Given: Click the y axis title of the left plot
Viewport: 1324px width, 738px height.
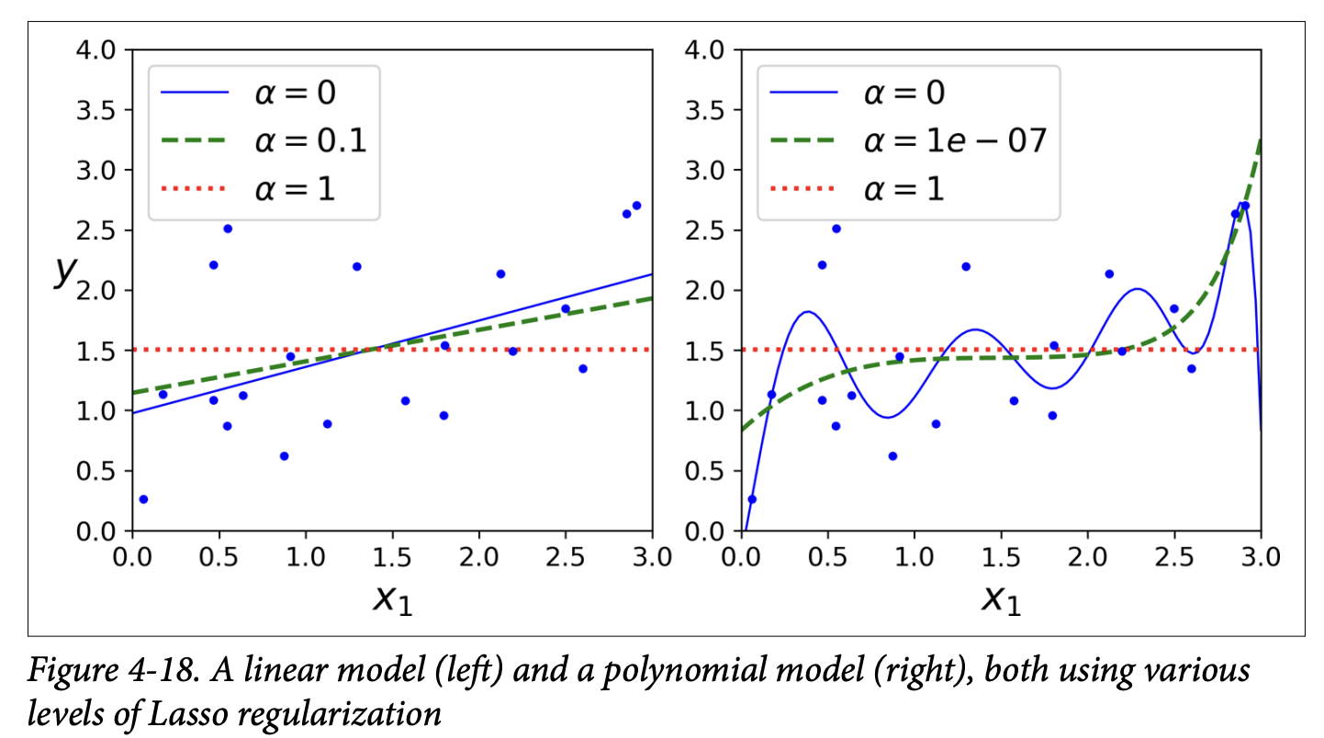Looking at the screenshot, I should (x=63, y=272).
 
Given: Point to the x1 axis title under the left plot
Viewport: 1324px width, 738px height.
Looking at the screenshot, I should (x=392, y=598).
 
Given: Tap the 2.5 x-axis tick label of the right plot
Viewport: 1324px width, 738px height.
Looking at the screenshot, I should (x=1174, y=558).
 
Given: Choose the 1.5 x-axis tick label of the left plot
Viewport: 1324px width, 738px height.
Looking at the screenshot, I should (x=392, y=558).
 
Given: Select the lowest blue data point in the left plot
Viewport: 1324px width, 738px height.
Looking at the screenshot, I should (x=143, y=499).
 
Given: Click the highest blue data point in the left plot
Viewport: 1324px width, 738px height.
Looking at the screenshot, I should (x=636, y=206).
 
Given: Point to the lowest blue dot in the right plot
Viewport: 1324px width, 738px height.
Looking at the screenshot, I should (x=752, y=499).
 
